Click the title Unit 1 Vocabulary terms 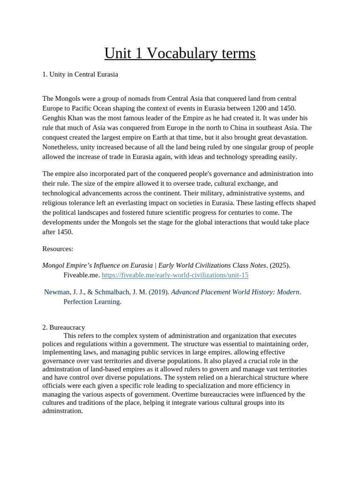180,53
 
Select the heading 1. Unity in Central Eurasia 80,74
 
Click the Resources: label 58,248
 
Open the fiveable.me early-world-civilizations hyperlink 175,275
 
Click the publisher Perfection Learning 92,302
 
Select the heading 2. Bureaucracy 63,327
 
